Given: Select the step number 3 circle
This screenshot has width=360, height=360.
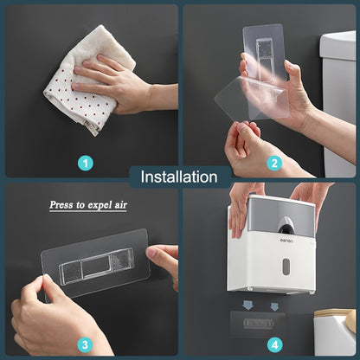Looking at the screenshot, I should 86,344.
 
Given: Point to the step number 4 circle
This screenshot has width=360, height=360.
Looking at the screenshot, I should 273,344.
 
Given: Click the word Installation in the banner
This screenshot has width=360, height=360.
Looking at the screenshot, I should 179,177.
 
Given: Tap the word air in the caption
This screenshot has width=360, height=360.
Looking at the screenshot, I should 127,206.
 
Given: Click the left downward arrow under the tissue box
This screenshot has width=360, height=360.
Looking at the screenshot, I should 248,305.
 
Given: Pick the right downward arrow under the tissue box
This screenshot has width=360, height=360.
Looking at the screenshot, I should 273,305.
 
